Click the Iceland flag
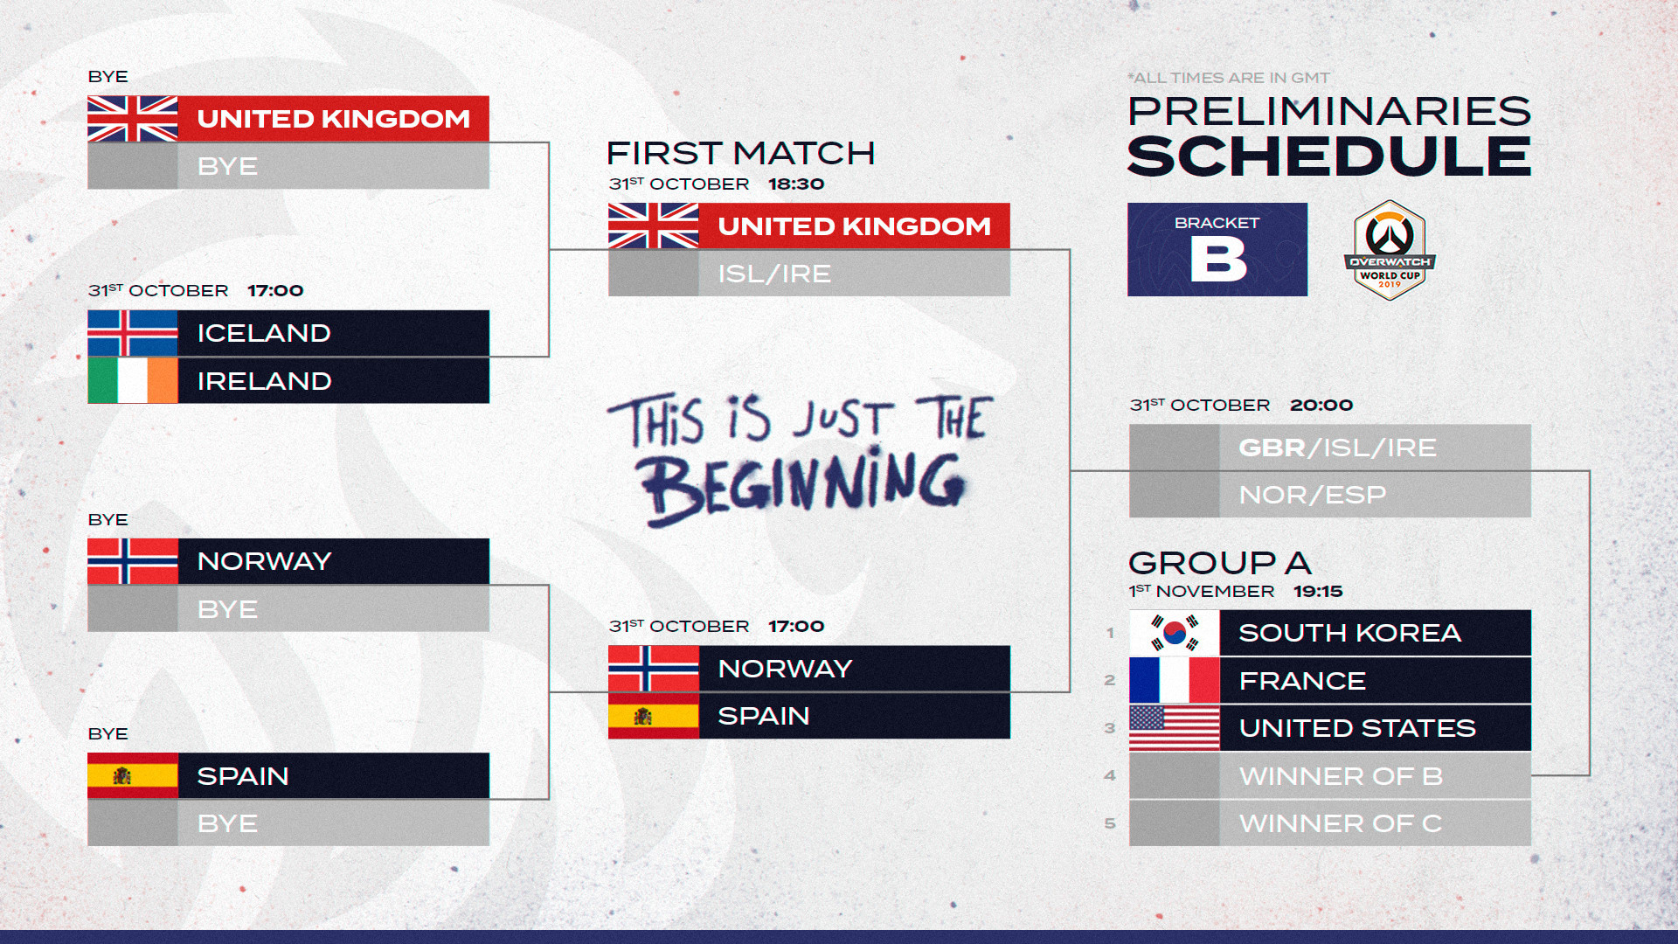point(133,333)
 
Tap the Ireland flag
point(133,380)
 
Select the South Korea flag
point(1174,633)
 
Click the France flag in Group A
point(1174,680)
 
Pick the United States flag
point(1174,728)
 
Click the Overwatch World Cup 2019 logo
point(1390,250)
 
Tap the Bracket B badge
point(1217,249)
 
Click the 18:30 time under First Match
point(796,184)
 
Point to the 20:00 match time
point(1321,406)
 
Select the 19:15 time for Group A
point(1318,592)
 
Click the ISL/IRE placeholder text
point(774,274)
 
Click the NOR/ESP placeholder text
point(1312,495)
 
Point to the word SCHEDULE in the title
point(1329,156)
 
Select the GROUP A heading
point(1220,563)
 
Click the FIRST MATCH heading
point(740,153)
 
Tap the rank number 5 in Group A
point(1110,823)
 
